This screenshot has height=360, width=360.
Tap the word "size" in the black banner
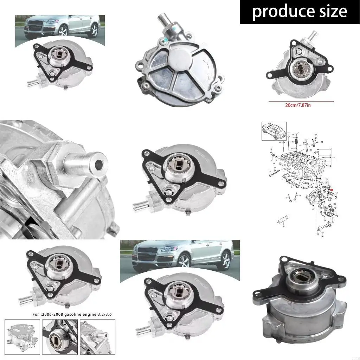click(x=332, y=12)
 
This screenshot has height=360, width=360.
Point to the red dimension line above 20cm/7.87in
click(x=301, y=101)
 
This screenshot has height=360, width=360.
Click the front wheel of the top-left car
click(x=64, y=31)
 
